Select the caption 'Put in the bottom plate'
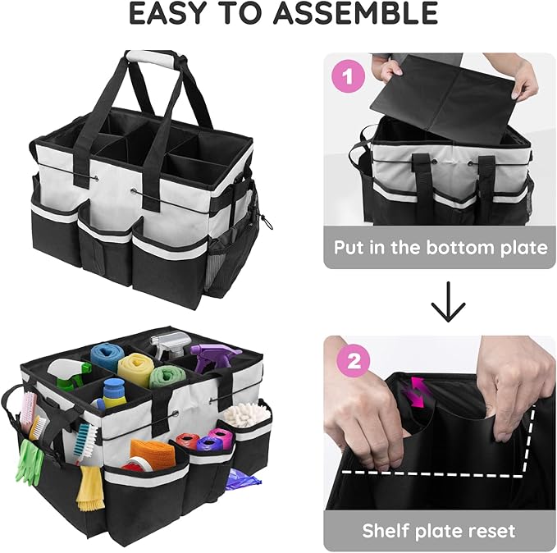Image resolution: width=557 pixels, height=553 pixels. click(x=441, y=247)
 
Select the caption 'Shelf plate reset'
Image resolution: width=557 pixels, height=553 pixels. click(x=440, y=530)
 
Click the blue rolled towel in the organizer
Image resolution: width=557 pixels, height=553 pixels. click(x=107, y=354)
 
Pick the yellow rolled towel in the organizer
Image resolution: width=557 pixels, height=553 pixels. click(x=134, y=369)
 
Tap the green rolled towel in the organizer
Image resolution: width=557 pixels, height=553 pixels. click(x=167, y=377)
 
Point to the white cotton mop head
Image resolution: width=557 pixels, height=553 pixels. click(x=246, y=414)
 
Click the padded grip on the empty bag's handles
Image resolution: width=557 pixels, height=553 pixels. click(x=151, y=60)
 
